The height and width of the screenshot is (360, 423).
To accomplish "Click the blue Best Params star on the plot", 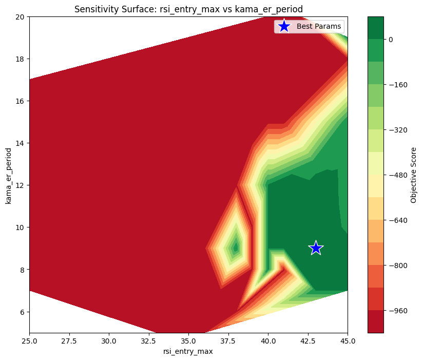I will (x=316, y=248).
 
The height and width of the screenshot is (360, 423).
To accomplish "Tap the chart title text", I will (x=188, y=9).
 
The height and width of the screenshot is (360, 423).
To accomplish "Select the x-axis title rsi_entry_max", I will (x=188, y=351).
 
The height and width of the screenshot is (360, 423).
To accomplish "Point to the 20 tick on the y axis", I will (x=21, y=16).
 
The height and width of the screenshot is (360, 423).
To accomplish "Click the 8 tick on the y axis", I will (x=23, y=270).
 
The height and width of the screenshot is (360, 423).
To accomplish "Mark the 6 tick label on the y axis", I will (x=23, y=312).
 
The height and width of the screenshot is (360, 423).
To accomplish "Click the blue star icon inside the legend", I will (x=283, y=26).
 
